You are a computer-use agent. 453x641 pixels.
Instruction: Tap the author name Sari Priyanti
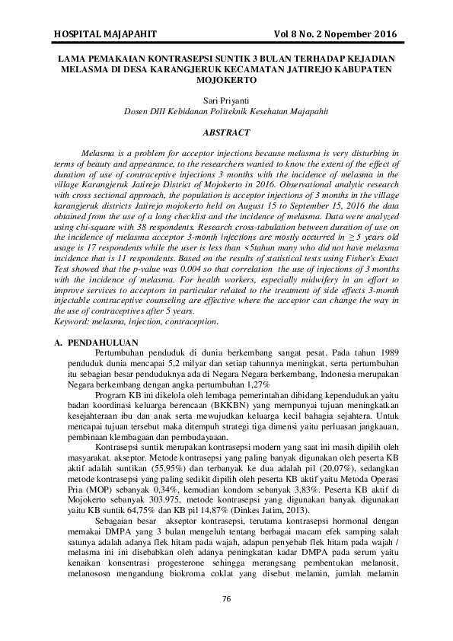(226, 100)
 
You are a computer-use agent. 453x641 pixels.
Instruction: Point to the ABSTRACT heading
(226, 132)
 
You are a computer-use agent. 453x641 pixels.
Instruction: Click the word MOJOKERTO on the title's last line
(226, 78)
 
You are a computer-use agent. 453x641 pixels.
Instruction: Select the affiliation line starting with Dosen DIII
(226, 110)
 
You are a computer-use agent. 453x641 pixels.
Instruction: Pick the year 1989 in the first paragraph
(386, 353)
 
